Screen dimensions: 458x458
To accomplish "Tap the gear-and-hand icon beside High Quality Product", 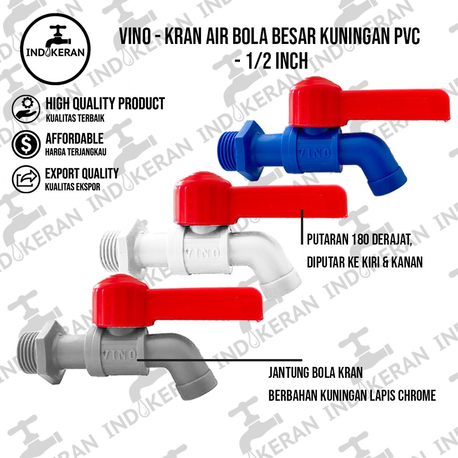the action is click(26, 109).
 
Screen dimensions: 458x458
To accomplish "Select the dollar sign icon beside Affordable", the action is click(26, 144).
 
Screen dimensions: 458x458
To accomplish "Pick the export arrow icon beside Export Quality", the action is click(26, 179).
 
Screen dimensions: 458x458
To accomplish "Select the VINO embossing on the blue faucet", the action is click(314, 153).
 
